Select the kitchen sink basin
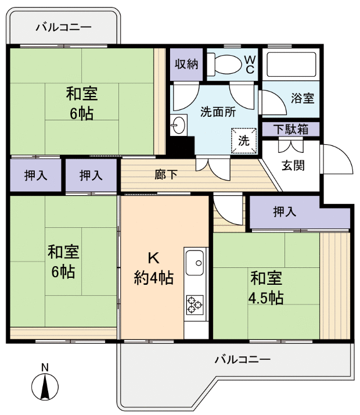195,262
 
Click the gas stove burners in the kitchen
195,303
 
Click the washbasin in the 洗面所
178,124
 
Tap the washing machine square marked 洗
244,139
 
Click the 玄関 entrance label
294,165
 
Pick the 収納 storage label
186,63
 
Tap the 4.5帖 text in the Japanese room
266,299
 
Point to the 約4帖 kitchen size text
154,278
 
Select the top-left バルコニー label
63,27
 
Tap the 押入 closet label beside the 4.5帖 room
285,212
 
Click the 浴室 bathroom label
303,98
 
